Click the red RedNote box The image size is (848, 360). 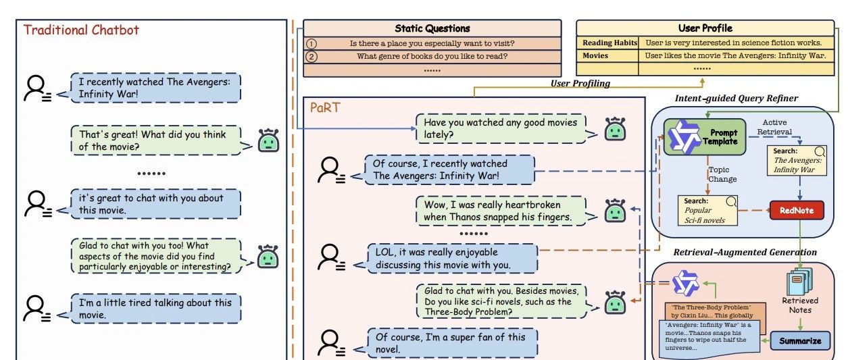797,211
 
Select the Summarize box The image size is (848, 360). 800,340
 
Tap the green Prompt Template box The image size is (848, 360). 705,137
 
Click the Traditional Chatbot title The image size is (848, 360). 81,30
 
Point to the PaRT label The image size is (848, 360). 325,108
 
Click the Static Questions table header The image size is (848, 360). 432,28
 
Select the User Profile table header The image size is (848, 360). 705,28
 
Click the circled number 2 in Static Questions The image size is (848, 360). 311,57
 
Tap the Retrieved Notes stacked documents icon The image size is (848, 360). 799,281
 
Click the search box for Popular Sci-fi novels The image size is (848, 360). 707,211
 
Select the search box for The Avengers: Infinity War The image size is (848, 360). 797,161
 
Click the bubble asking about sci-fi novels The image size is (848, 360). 501,301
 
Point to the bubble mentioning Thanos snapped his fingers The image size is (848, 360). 501,211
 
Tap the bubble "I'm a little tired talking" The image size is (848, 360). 155,309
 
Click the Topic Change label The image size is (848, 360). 722,174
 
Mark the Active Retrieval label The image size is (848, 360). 774,127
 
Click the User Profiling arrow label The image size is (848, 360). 580,83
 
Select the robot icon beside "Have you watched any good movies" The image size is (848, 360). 615,129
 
